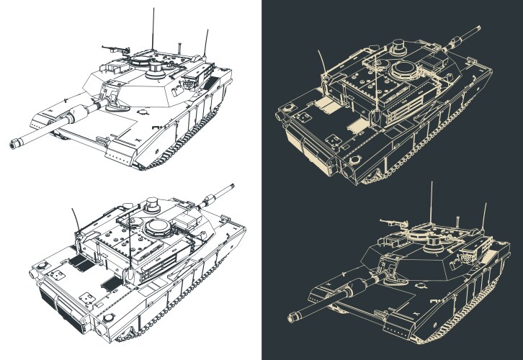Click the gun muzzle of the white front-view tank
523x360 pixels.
pyautogui.click(x=13, y=144)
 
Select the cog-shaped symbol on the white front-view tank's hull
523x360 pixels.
pyautogui.click(x=143, y=110)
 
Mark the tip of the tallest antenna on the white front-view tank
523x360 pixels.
pyautogui.click(x=152, y=9)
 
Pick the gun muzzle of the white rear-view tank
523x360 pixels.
pyautogui.click(x=232, y=186)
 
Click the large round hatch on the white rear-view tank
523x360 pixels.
pyautogui.click(x=158, y=228)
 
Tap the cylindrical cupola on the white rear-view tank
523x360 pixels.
pyautogui.click(x=151, y=204)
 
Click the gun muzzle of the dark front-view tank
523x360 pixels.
pyautogui.click(x=292, y=316)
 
